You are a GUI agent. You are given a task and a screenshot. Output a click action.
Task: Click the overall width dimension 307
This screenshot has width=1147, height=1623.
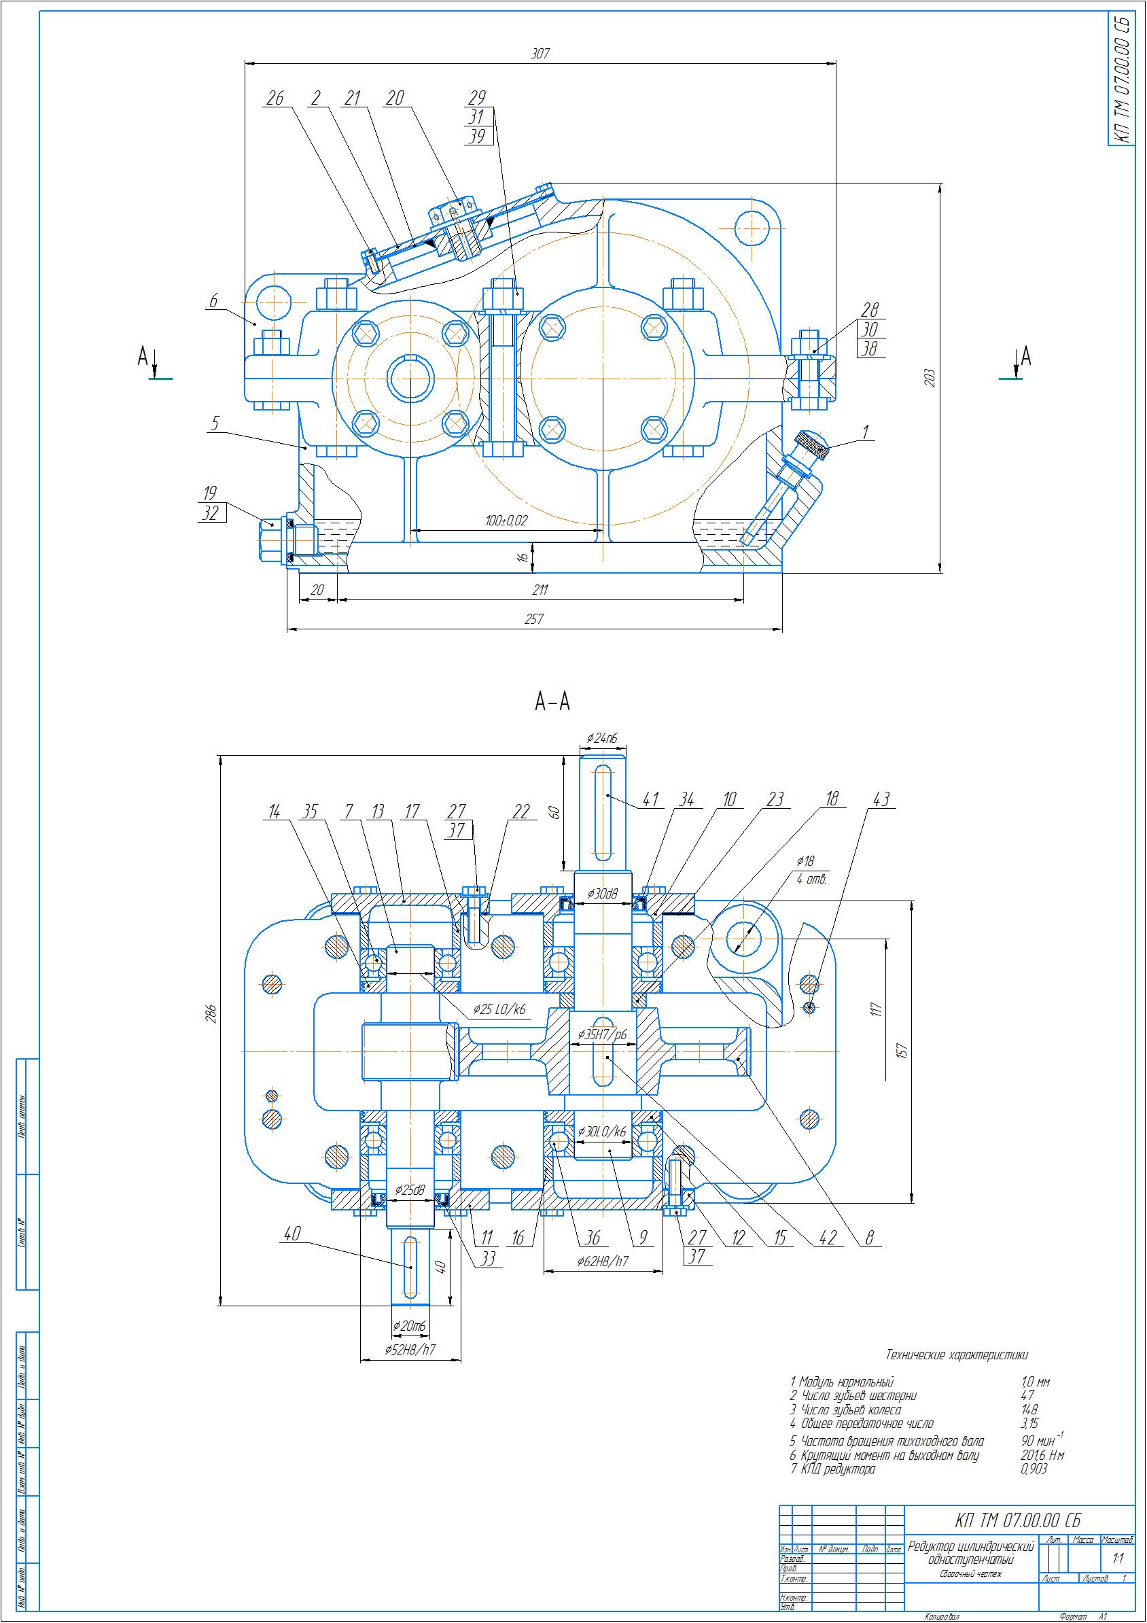tap(540, 53)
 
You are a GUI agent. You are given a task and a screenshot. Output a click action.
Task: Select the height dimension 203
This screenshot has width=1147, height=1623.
tap(930, 377)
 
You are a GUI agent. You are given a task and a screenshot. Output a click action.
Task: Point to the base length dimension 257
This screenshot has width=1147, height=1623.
tap(534, 618)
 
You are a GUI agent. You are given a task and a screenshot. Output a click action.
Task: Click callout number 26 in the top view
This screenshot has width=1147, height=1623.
tap(275, 99)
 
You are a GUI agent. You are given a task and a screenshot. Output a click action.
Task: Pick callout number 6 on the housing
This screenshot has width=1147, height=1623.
tap(213, 302)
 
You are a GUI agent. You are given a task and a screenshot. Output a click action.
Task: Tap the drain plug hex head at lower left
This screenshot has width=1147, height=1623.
tap(268, 541)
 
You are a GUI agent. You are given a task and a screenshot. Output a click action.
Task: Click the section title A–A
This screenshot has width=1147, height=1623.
tap(552, 702)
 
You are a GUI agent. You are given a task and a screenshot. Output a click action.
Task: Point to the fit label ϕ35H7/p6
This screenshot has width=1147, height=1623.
tap(603, 1034)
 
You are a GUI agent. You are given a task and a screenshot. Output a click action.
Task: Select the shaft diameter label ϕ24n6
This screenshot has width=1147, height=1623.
tap(602, 739)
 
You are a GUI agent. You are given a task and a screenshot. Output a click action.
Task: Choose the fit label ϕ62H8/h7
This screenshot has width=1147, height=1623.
tap(603, 1259)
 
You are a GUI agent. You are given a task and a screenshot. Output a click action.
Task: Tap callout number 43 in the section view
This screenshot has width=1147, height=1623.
tap(881, 799)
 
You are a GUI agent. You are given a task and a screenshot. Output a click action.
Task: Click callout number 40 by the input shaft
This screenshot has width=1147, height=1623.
tap(292, 1234)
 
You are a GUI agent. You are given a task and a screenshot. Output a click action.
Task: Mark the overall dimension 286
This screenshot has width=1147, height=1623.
tap(210, 1013)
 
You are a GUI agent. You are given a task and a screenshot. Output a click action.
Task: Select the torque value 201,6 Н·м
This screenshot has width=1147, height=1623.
tap(1042, 1454)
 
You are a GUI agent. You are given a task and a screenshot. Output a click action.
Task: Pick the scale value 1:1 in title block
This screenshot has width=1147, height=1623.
tap(1117, 1558)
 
